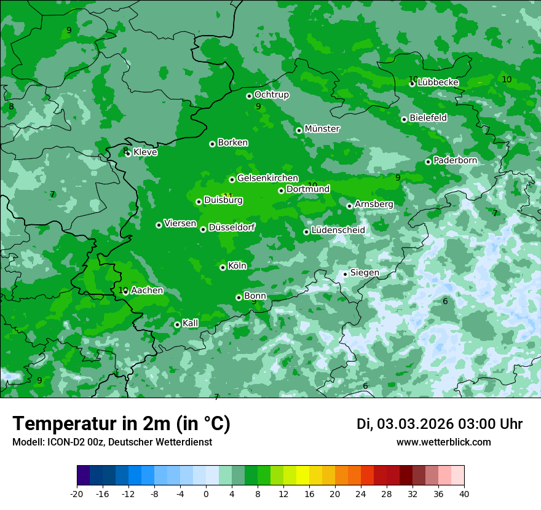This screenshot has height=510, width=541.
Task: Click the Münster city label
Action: pos(322,129)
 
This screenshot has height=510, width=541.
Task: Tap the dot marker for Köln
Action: pos(223,267)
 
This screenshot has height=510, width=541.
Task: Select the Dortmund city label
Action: pos(308,189)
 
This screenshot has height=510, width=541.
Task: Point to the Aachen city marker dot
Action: pos(125,292)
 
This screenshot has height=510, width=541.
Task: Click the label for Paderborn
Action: pos(455,160)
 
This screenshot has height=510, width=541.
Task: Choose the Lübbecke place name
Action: pos(438,82)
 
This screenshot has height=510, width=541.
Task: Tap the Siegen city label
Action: pos(365,273)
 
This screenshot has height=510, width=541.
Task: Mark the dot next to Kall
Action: pos(177,324)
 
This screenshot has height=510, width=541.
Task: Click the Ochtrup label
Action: pos(271,95)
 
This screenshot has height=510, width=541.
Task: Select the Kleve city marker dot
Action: pos(128,154)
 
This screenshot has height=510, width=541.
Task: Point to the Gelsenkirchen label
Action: pos(267,178)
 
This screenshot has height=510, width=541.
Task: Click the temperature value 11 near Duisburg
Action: pos(227,196)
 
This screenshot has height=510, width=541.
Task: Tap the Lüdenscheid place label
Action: pos(338,230)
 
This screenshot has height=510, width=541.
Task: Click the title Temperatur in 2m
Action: pos(121,424)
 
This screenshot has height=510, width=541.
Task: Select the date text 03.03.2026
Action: pos(415,424)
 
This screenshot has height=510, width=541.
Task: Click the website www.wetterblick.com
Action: pos(443,442)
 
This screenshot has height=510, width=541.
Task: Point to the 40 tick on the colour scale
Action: pos(464,494)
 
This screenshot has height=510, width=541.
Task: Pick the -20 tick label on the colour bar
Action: pos(77,494)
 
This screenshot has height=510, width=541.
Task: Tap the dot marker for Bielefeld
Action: pos(404,119)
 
